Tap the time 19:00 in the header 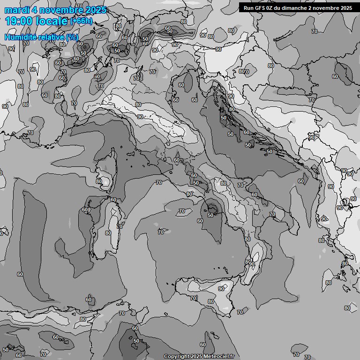coord(19,22)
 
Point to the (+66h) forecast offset coord(81,22)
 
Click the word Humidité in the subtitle coord(21,37)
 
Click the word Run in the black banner coord(248,8)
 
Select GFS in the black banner coord(261,8)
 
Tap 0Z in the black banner coord(272,8)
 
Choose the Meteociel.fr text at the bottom coord(219,357)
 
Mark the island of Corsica coord(107,169)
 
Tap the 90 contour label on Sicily coord(221,289)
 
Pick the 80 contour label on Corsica coord(99,181)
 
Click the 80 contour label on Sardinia coord(108,232)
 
